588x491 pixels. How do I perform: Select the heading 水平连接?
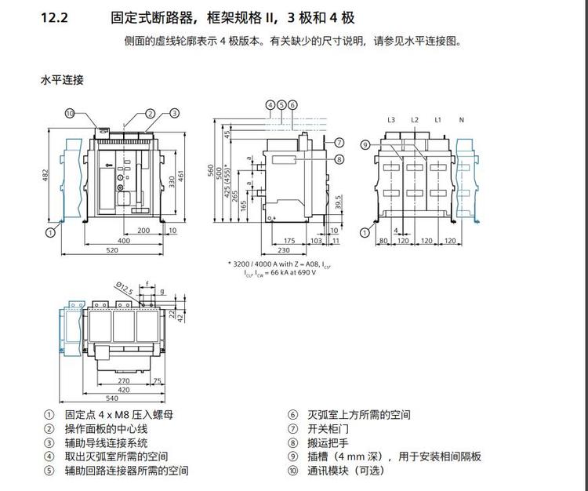click(62, 80)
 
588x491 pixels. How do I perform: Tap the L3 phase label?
click(391, 120)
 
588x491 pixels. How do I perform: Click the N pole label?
click(462, 120)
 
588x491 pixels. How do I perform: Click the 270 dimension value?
click(124, 380)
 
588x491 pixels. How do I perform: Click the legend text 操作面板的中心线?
click(106, 428)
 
